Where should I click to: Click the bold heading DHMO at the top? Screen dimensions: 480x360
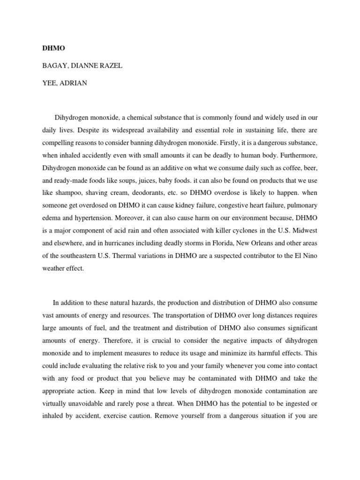click(52, 48)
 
